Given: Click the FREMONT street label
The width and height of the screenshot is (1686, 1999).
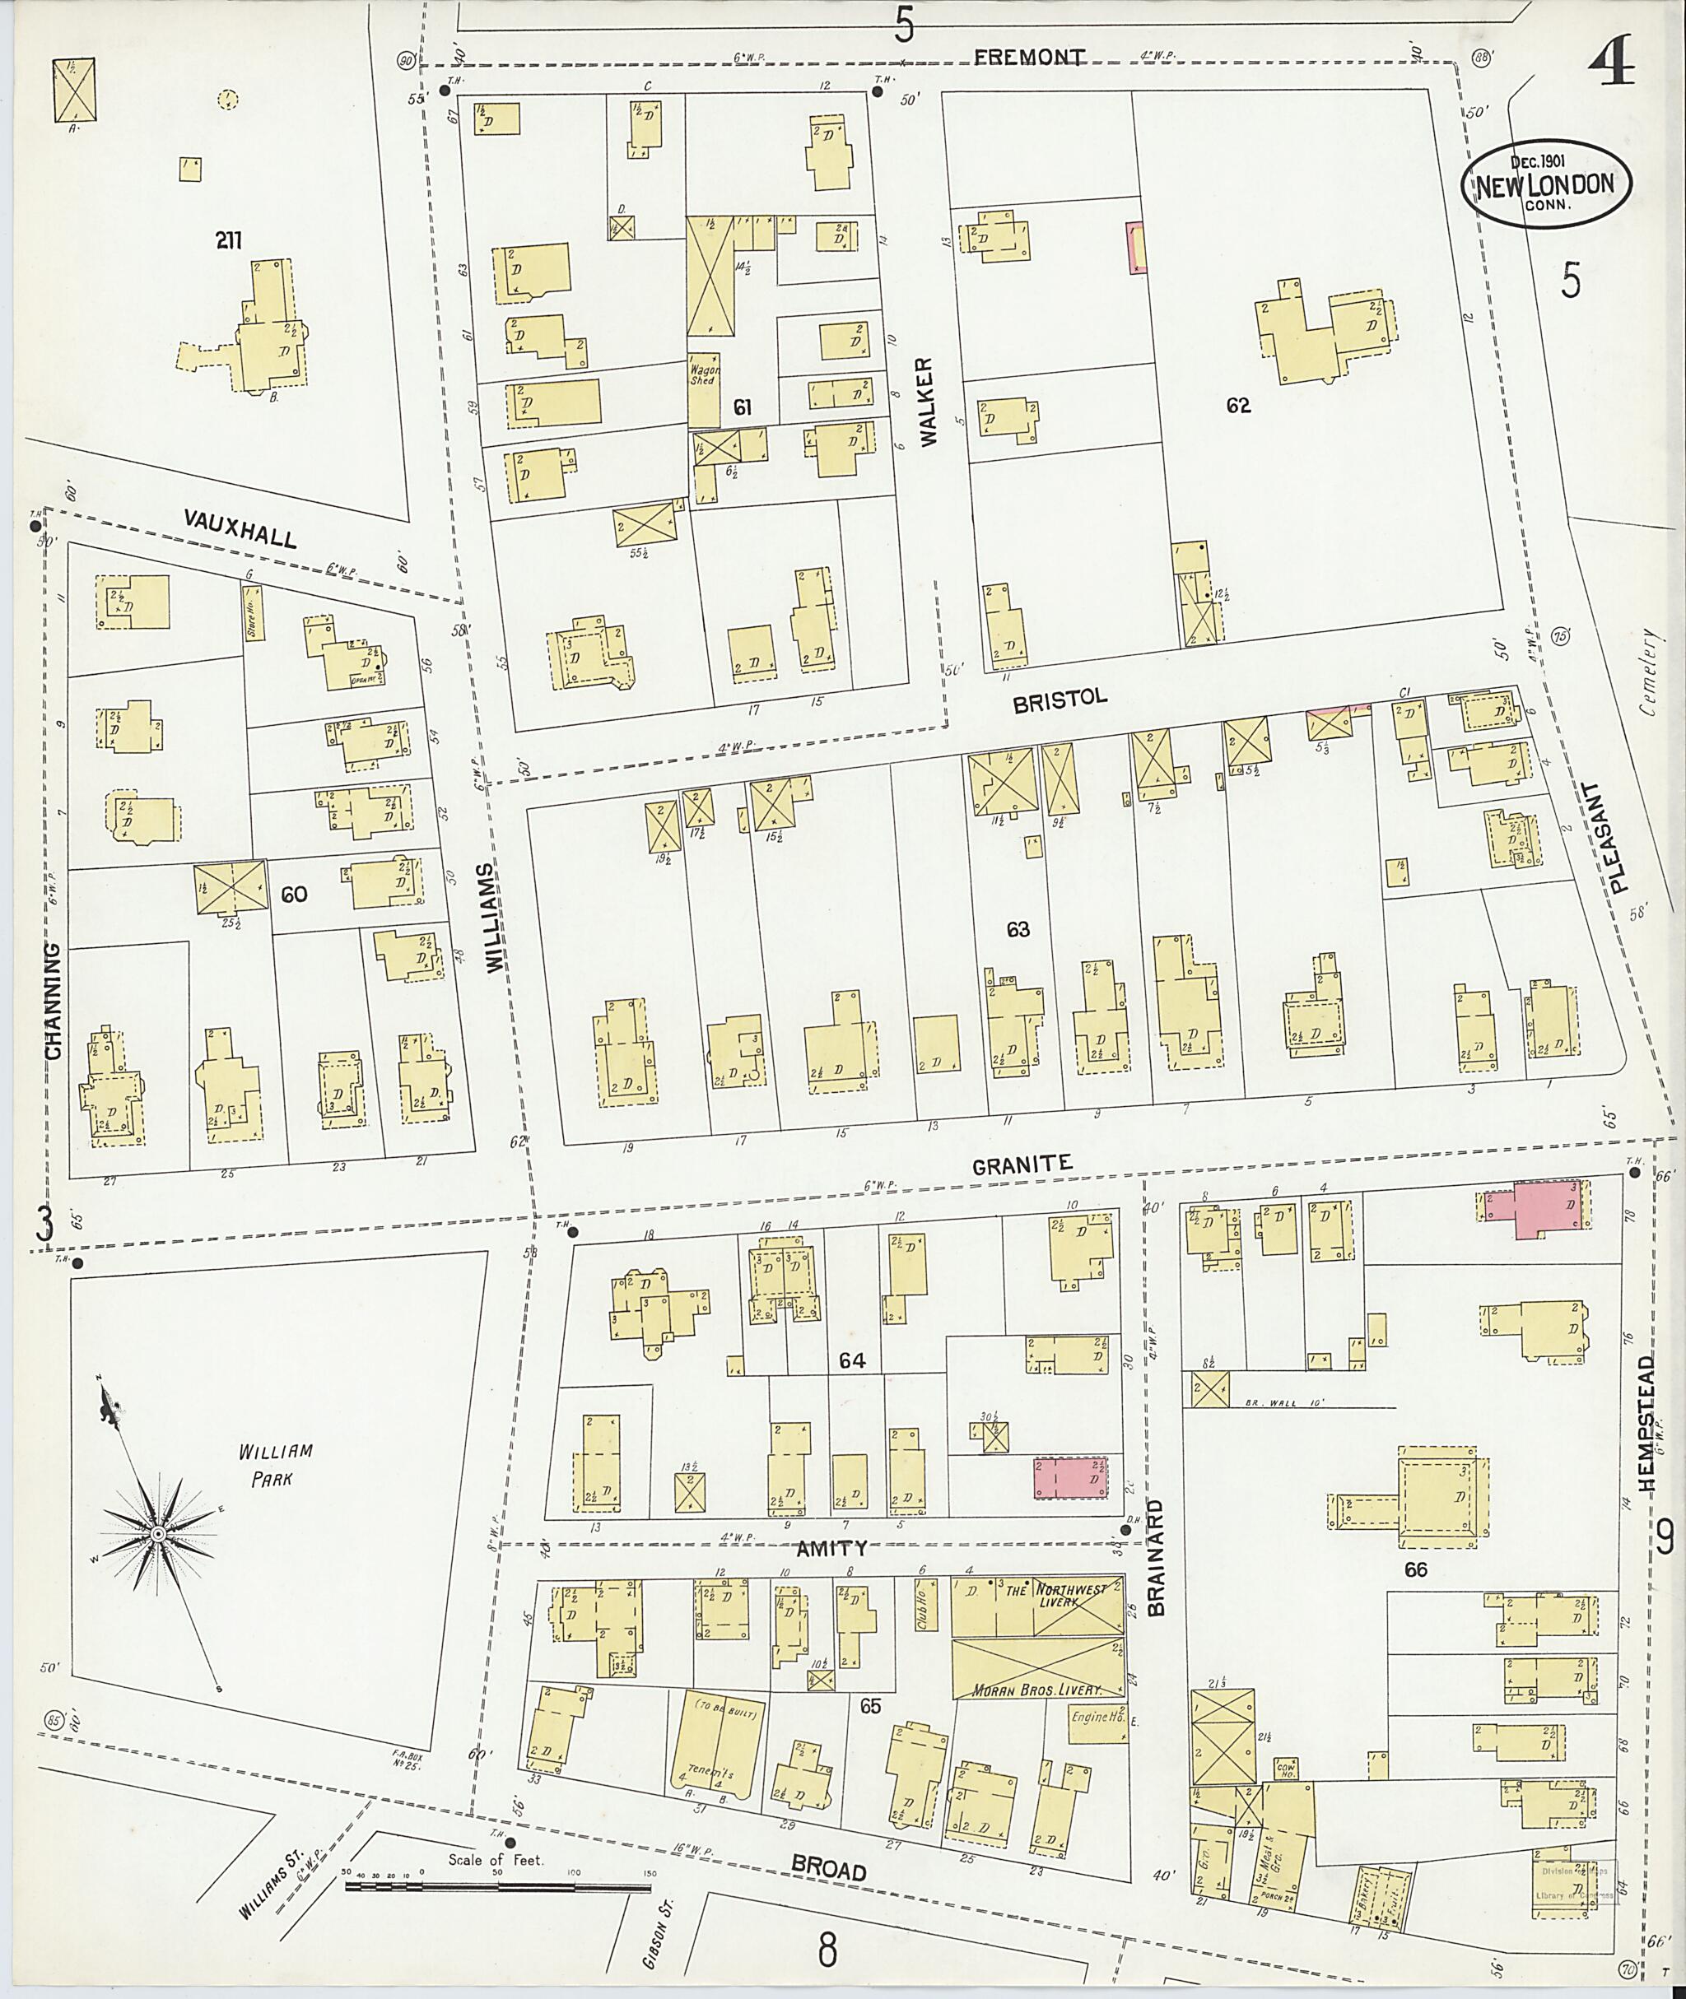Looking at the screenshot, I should [1029, 58].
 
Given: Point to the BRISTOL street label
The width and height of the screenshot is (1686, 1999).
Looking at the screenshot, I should [1060, 700].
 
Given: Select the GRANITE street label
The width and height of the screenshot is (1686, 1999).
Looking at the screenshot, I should [1022, 1165].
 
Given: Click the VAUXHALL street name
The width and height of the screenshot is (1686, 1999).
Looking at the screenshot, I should [241, 527].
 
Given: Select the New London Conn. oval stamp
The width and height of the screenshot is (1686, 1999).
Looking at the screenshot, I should [1544, 184].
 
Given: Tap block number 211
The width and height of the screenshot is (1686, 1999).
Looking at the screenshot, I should [227, 241].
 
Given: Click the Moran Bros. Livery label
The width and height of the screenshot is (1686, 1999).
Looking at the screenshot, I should [1037, 1690].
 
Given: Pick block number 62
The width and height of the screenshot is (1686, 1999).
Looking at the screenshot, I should [1237, 406].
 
